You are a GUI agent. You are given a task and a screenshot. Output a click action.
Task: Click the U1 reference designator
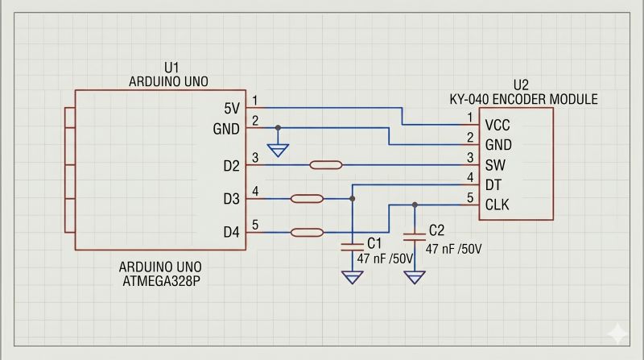pos(171,68)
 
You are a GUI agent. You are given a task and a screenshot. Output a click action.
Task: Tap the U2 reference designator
pos(521,85)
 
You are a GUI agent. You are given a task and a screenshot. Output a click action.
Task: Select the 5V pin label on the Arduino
pos(232,109)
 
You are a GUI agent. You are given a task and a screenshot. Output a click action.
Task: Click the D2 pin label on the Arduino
pos(231,166)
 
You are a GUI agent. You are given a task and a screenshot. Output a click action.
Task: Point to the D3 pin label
pos(231,199)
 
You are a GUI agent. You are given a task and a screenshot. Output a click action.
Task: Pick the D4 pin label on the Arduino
pos(231,232)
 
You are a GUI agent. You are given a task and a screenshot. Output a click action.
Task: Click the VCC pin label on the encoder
pos(497,125)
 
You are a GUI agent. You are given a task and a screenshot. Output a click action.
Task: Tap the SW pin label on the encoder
pos(495,165)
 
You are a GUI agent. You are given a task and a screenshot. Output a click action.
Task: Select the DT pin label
pos(493,185)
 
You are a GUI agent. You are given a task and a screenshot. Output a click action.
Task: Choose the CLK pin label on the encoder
pos(497,205)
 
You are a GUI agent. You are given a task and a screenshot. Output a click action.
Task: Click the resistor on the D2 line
pos(326,165)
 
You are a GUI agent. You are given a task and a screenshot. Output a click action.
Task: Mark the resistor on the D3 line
pos(307,199)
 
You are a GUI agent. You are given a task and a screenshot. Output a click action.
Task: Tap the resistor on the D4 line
pos(307,233)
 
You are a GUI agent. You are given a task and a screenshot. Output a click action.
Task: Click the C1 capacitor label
pos(374,243)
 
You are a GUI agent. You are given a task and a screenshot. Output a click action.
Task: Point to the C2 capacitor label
pos(436,230)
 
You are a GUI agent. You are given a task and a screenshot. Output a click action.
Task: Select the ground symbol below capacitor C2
pos(415,277)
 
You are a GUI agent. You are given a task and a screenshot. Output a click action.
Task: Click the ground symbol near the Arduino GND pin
pos(278,150)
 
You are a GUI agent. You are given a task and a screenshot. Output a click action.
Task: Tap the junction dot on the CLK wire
pos(415,205)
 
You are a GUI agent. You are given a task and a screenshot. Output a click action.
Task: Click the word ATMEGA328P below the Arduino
pos(162,281)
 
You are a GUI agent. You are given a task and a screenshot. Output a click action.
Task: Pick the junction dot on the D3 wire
pos(353,199)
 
